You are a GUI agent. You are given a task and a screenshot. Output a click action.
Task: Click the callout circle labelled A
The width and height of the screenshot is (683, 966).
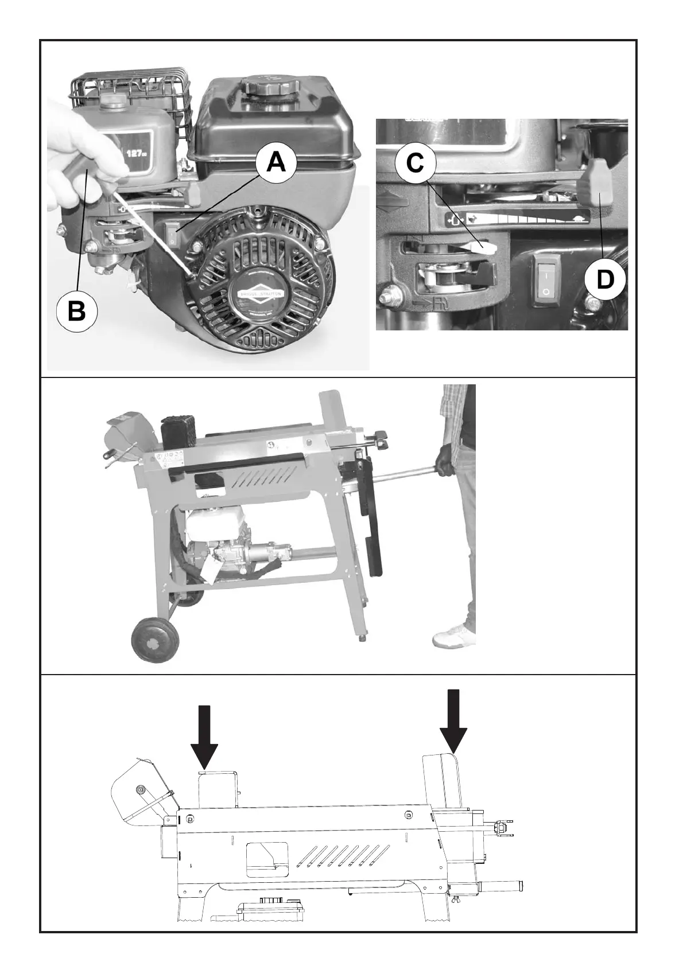[x=276, y=163]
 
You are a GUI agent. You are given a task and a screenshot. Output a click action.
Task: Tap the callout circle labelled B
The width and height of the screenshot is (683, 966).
[x=77, y=312]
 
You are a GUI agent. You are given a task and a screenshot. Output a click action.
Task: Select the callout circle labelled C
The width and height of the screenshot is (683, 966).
[x=415, y=163]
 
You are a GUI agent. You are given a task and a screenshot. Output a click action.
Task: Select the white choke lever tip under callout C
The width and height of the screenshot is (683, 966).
[x=486, y=246]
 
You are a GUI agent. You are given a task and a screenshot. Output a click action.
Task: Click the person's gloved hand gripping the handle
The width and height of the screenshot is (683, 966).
[x=445, y=461]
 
